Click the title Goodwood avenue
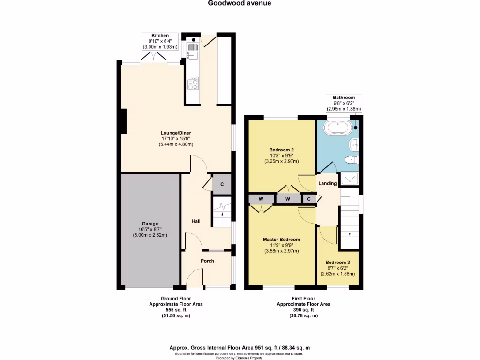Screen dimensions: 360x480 click(x=240, y=3)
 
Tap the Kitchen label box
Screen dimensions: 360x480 click(x=160, y=41)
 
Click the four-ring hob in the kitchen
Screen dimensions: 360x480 click(x=192, y=85)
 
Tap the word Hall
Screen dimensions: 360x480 click(x=196, y=221)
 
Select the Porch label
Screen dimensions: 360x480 click(x=207, y=261)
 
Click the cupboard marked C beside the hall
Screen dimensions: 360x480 click(x=222, y=184)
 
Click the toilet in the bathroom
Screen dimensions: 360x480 click(x=351, y=160)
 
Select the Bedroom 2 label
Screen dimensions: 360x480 click(x=282, y=155)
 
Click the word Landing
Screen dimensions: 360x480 click(x=328, y=183)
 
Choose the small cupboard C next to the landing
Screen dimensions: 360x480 click(x=309, y=199)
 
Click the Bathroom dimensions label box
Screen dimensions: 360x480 click(x=344, y=103)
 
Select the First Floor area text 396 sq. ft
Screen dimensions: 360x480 click(x=303, y=310)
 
